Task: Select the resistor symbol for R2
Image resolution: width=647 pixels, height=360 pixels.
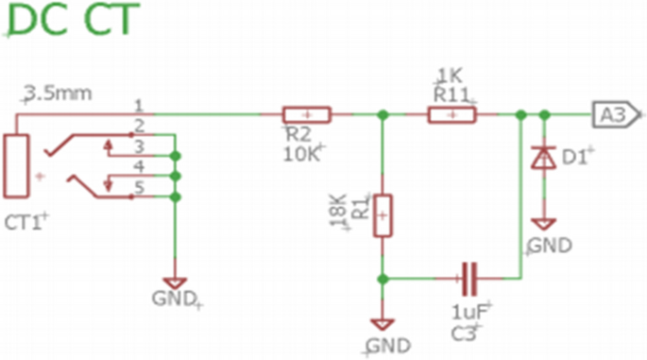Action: [307, 114]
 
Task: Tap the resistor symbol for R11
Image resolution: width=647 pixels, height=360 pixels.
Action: [452, 114]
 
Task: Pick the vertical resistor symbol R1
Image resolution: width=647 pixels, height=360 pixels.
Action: [382, 215]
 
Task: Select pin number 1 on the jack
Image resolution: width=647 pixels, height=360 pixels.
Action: [138, 104]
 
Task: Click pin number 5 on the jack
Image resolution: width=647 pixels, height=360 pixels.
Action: [138, 187]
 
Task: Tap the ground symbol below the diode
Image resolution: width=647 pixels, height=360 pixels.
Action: [544, 224]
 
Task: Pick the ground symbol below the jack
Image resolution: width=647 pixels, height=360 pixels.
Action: [175, 283]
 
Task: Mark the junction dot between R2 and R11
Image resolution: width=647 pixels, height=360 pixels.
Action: [382, 114]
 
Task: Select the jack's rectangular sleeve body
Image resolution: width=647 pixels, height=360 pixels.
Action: [17, 166]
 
